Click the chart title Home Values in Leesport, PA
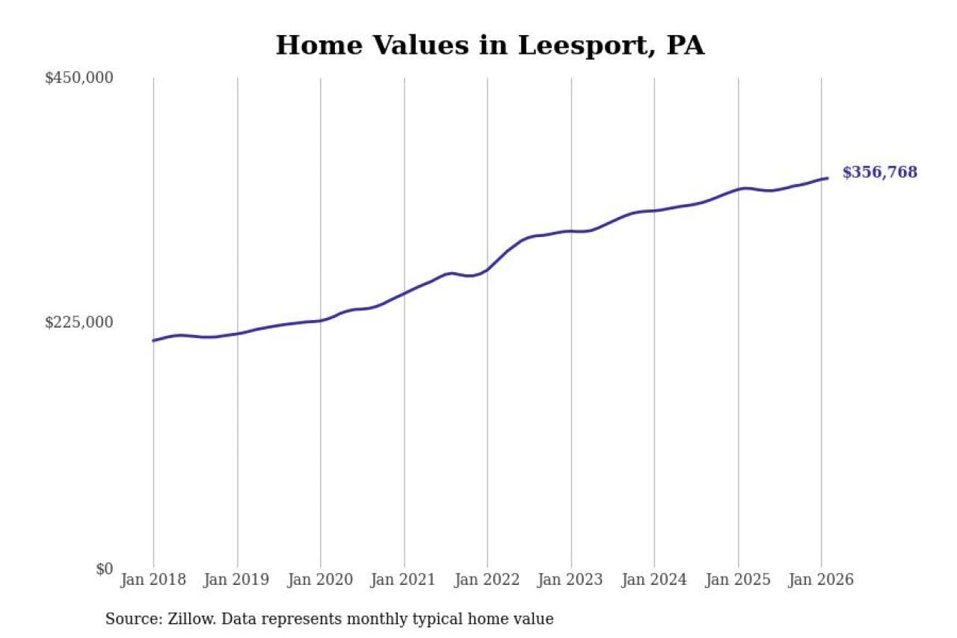coord(490,46)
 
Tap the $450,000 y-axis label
coord(79,78)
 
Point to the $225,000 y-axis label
coord(79,322)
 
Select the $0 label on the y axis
coord(104,568)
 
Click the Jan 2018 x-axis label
coord(154,580)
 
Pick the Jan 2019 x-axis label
coord(237,580)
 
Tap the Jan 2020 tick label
coord(321,580)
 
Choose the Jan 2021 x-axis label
coord(404,580)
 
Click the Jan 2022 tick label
coord(487,580)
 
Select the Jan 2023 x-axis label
coord(571,580)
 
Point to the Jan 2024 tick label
coord(654,580)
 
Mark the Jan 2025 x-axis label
coord(738,580)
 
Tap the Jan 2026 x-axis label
coord(821,580)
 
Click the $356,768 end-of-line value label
coord(879,173)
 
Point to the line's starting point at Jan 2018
coord(154,340)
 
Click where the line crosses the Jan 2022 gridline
coord(487,269)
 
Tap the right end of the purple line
coord(827,178)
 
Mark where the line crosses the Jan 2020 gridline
coord(321,320)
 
